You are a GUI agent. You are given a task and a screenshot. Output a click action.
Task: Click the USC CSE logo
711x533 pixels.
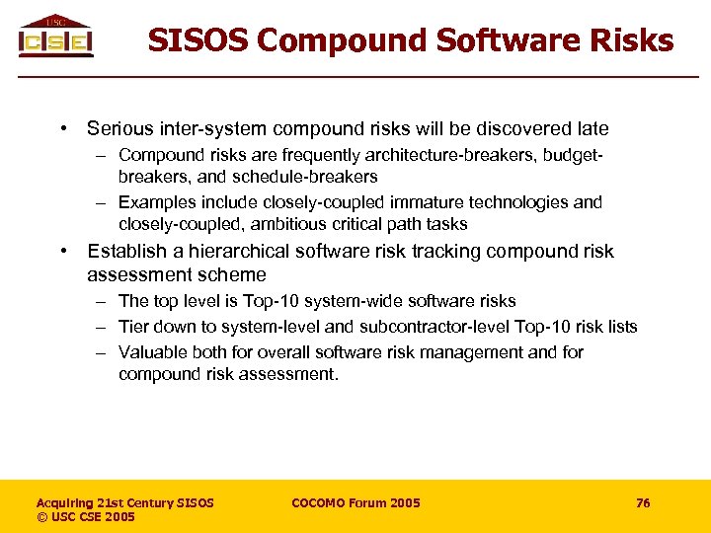click(56, 37)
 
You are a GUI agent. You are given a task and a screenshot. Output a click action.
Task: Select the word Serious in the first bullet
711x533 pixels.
click(119, 128)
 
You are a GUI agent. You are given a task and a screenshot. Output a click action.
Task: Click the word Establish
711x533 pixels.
click(123, 251)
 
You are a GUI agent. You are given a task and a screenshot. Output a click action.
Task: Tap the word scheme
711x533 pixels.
click(231, 274)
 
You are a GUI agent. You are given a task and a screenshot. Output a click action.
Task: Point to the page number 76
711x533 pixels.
click(643, 503)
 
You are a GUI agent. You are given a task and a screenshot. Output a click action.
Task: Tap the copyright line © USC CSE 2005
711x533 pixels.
click(86, 517)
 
